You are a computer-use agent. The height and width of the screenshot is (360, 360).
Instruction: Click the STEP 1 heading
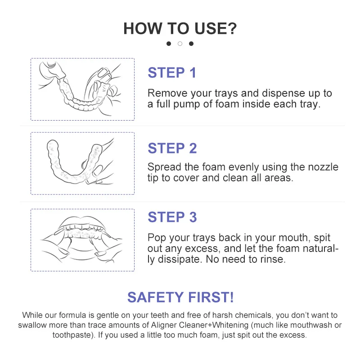(x=172, y=72)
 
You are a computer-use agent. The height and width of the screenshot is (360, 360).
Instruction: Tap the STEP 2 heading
(x=172, y=148)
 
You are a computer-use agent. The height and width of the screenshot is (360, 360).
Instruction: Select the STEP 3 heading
(x=172, y=217)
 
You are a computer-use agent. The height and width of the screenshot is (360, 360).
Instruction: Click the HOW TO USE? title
(x=180, y=28)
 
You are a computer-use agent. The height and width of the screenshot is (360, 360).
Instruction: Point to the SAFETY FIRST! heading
(x=180, y=297)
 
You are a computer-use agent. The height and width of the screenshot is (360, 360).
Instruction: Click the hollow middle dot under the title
(x=180, y=44)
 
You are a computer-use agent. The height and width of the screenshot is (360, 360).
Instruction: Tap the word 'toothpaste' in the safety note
(x=72, y=335)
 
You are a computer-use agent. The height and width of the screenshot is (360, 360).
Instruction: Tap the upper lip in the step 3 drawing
(x=81, y=221)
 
